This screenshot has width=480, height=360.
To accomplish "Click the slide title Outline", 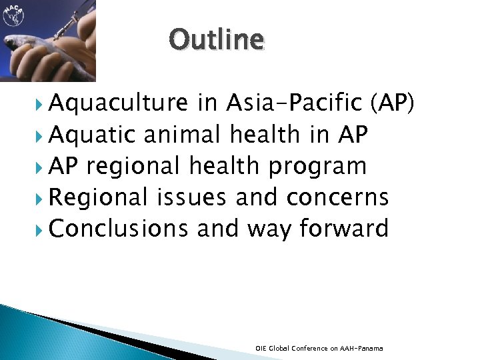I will [x=217, y=39].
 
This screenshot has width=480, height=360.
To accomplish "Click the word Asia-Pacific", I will [x=293, y=103].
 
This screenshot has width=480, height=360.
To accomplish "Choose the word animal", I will [x=181, y=135].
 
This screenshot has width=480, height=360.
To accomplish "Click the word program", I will [x=317, y=166].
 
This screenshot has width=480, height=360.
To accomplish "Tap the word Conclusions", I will [x=119, y=229].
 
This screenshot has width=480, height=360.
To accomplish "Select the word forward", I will [x=343, y=229].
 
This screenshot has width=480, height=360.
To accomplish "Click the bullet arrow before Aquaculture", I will [x=41, y=104].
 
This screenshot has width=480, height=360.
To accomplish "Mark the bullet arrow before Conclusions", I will [x=41, y=229].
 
